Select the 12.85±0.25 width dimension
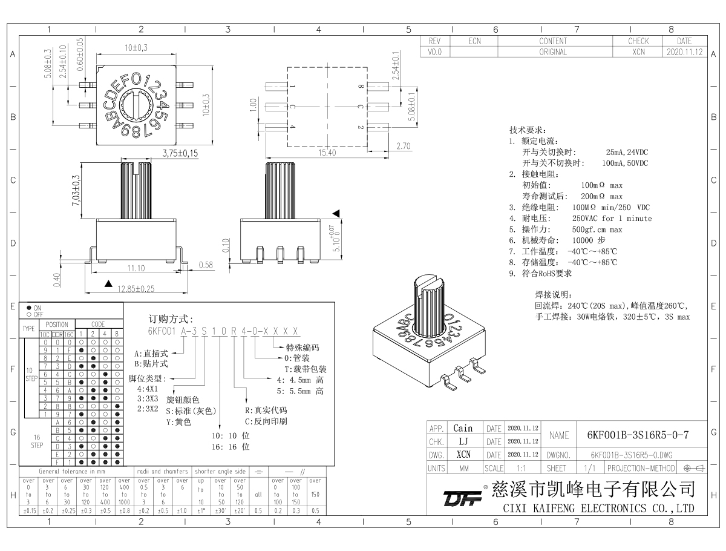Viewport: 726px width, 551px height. [x=129, y=289]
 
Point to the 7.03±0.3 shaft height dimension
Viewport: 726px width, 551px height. [x=76, y=191]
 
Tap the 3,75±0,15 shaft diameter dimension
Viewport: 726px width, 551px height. [x=180, y=153]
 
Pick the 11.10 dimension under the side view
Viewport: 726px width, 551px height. [x=136, y=268]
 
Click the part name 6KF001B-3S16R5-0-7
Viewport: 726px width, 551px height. [x=638, y=434]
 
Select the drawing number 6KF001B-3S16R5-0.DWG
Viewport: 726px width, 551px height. [x=633, y=455]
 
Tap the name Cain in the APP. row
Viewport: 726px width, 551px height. [x=463, y=428]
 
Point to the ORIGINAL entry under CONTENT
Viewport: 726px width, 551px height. [x=553, y=52]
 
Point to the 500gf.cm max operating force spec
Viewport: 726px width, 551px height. [x=597, y=229]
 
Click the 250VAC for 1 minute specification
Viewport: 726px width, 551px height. [x=612, y=218]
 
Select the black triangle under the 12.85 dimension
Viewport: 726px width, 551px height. [x=108, y=283]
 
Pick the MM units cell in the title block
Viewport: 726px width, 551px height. [x=463, y=468]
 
